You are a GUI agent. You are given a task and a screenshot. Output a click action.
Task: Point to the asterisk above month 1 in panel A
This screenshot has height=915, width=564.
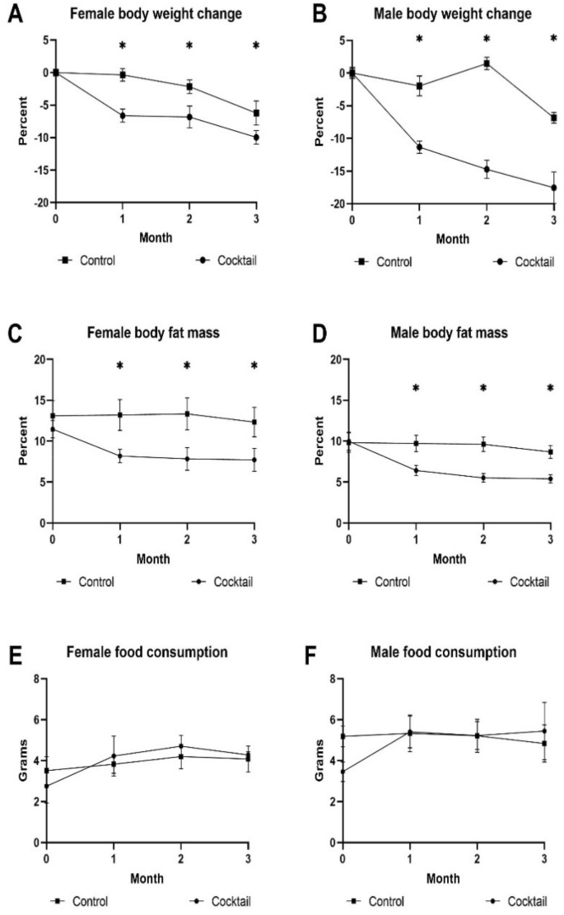click(x=123, y=46)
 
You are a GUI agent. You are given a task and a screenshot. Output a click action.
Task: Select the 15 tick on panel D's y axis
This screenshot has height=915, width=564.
click(x=335, y=399)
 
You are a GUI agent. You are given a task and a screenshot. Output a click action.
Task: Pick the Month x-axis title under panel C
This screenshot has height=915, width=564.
click(x=154, y=558)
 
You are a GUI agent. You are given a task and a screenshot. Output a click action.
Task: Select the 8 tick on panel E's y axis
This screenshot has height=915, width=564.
click(x=35, y=679)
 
